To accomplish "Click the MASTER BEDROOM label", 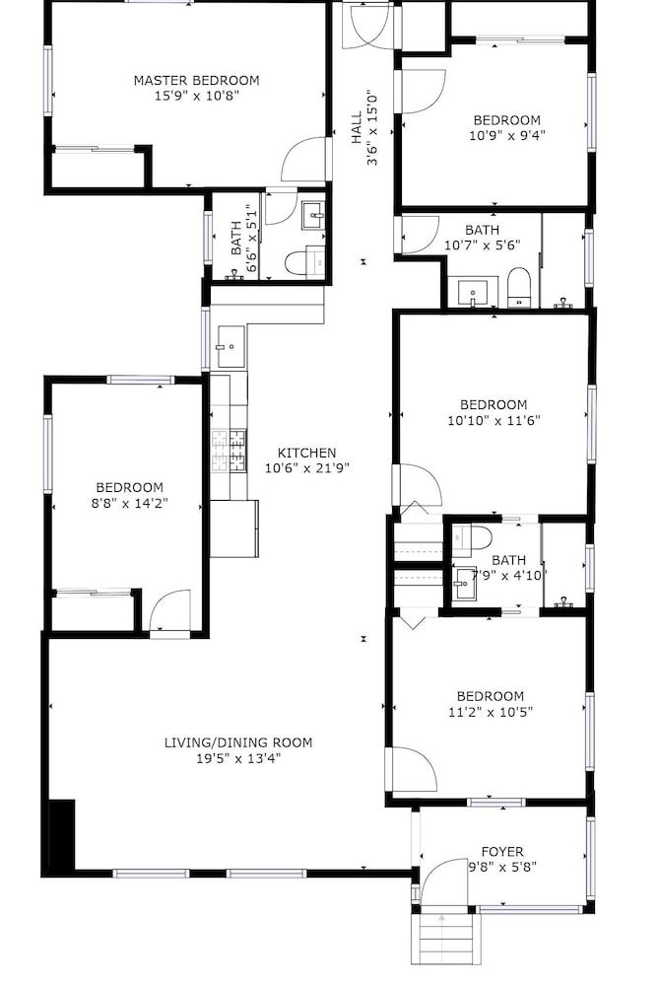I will click(196, 80).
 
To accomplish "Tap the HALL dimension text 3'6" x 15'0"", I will click(372, 128).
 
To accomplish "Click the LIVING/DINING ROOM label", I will click(238, 742).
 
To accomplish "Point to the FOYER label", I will click(501, 851).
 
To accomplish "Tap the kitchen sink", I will click(229, 346).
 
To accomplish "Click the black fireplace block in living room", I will click(61, 835).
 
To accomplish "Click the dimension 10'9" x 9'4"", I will click(506, 136).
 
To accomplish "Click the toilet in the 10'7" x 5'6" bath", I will click(519, 287).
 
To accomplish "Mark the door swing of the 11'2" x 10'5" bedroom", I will click(413, 768).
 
